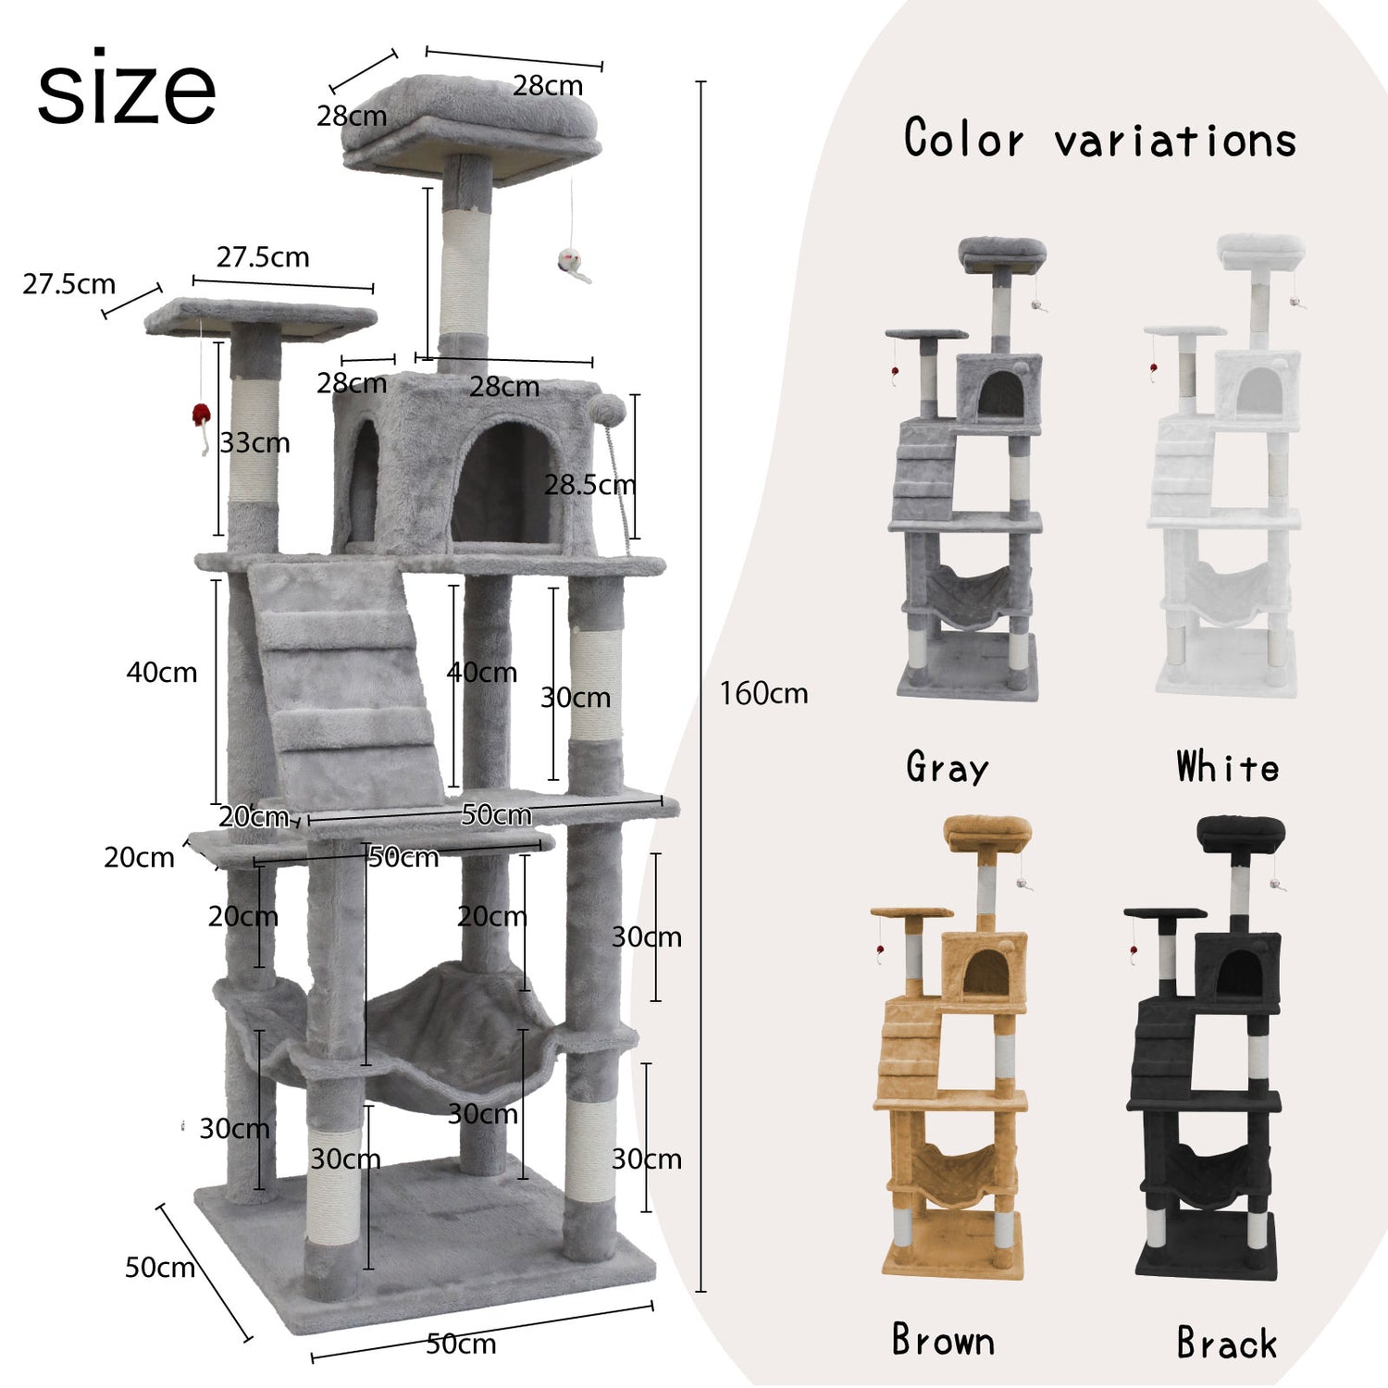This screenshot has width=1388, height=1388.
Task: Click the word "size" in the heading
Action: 126,90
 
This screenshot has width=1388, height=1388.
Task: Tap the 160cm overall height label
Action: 763,693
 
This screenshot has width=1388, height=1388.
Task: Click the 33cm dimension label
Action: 254,442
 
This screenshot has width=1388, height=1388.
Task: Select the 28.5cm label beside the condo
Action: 589,484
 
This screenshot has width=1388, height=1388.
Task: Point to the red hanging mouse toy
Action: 201,418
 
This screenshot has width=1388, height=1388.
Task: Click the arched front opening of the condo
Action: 505,481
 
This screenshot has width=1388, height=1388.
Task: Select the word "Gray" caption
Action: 948,768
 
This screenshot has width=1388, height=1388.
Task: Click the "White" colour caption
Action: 1228,767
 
